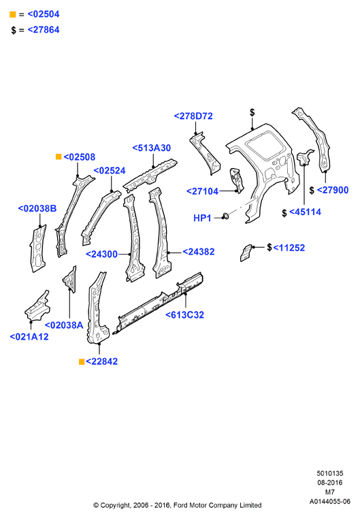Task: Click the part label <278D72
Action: (193, 116)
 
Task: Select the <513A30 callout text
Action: (152, 148)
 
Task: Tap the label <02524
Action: (110, 171)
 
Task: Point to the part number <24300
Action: (102, 255)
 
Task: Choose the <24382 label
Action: (199, 252)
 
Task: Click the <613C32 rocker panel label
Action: (184, 314)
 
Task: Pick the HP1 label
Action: (202, 218)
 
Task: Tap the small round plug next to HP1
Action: (226, 216)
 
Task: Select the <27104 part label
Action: (203, 191)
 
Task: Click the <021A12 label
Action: (29, 337)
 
